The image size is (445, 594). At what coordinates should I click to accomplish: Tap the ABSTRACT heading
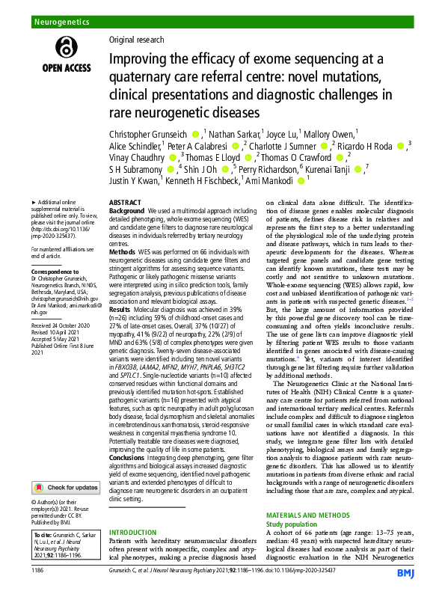[x=125, y=203]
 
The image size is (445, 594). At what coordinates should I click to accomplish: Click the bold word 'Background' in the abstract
[x=126, y=212]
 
